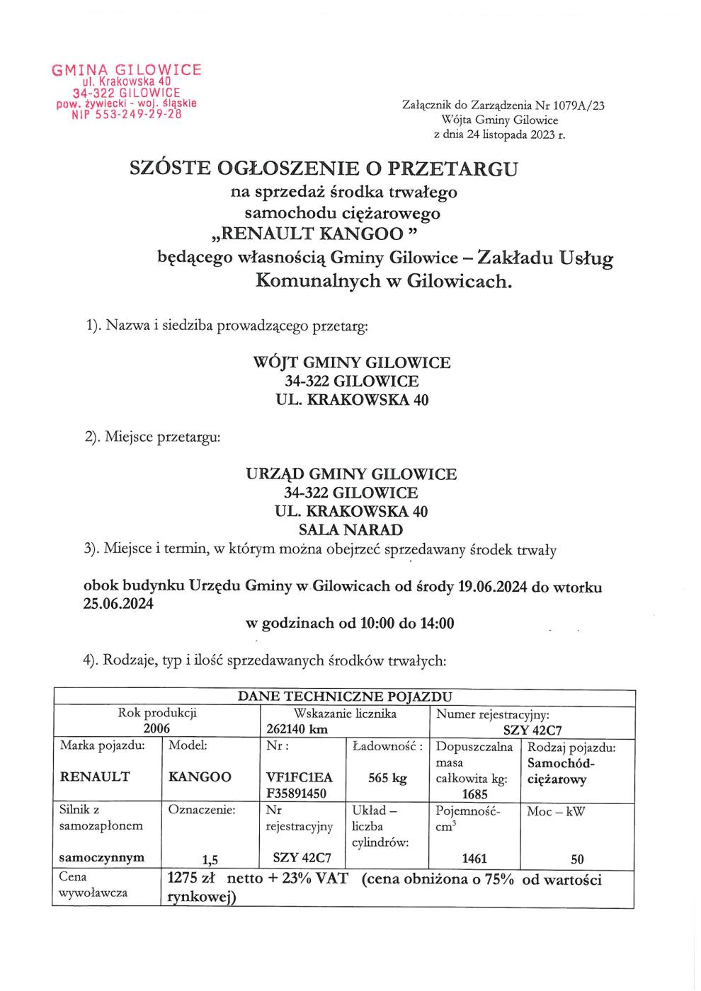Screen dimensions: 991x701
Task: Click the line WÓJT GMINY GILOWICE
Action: click(351, 362)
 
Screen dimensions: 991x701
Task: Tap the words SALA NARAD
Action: click(351, 529)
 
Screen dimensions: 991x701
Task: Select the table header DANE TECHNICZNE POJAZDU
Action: click(345, 697)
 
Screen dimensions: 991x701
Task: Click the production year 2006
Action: click(157, 728)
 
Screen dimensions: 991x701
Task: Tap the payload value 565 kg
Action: click(388, 778)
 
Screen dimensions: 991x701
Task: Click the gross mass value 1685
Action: click(474, 794)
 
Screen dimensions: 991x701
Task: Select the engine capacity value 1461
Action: click(474, 859)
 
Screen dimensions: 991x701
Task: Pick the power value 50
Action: click(577, 859)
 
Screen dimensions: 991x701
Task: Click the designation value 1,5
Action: click(209, 860)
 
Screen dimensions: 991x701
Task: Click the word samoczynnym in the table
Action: click(103, 857)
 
